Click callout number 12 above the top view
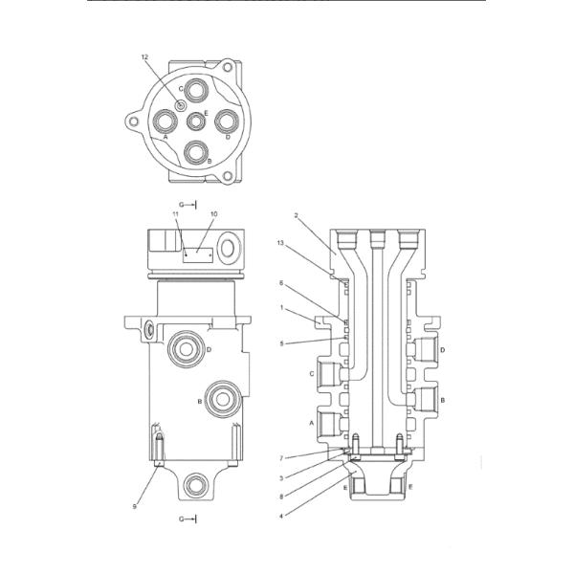click(x=145, y=58)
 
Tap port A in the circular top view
click(x=166, y=121)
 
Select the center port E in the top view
click(x=196, y=121)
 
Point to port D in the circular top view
click(x=227, y=121)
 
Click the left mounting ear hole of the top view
click(x=132, y=121)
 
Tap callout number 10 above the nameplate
click(x=213, y=214)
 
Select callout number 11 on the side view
click(x=176, y=214)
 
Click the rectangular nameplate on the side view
click(x=197, y=254)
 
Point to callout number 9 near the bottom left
click(x=135, y=506)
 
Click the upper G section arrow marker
click(x=188, y=204)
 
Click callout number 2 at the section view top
click(x=298, y=216)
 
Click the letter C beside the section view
click(x=312, y=373)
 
